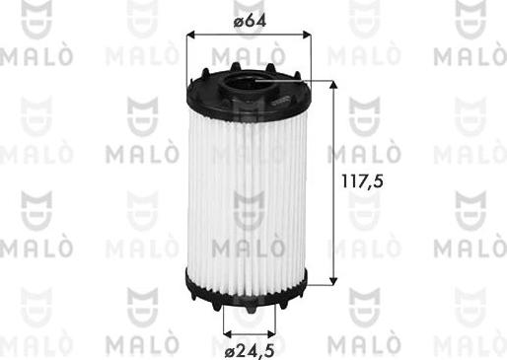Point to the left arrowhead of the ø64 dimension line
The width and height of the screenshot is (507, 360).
190,35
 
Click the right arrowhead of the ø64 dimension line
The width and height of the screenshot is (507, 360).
306,35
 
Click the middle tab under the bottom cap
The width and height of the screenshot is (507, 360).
250,307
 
